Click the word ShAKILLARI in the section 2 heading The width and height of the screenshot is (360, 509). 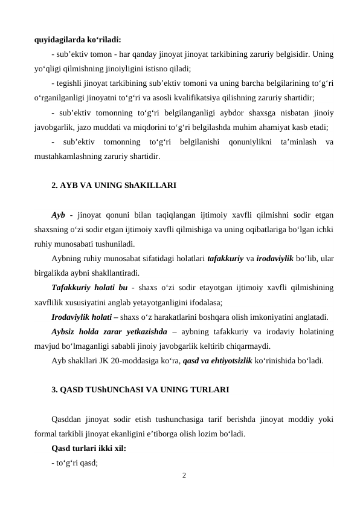click(x=151, y=187)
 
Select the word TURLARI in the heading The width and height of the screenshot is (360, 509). click(x=210, y=390)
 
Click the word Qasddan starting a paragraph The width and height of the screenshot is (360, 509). click(x=70, y=419)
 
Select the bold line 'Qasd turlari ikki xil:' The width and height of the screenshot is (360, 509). click(x=89, y=448)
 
